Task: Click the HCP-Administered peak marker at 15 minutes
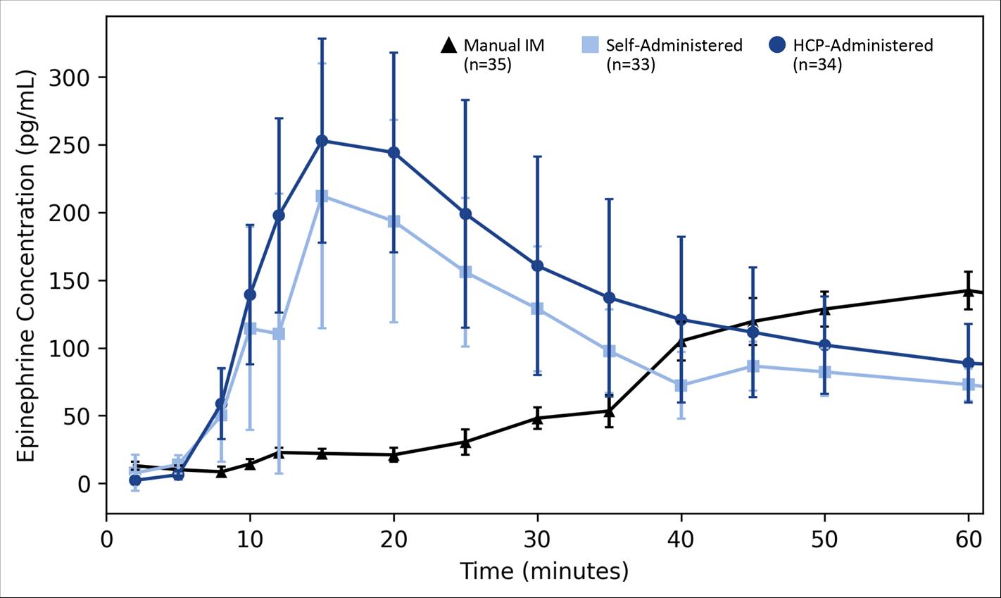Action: (x=322, y=141)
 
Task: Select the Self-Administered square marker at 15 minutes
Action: (x=322, y=197)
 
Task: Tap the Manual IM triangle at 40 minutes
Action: (x=681, y=342)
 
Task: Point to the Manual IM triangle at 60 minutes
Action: (x=968, y=290)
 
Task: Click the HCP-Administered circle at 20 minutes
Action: (x=394, y=153)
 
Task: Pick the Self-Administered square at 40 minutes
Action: (x=681, y=385)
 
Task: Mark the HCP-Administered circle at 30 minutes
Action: (x=537, y=266)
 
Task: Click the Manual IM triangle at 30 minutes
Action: (x=537, y=418)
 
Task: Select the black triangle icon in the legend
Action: (x=448, y=46)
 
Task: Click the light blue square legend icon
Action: (x=590, y=46)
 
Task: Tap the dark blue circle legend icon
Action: (x=777, y=46)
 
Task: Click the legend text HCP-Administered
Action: (x=862, y=46)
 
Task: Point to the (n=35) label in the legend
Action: (x=487, y=66)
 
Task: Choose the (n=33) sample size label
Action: (x=630, y=66)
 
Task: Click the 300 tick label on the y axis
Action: (x=69, y=77)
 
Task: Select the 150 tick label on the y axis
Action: (x=69, y=280)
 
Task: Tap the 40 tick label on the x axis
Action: (x=681, y=540)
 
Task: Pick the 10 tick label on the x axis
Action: (x=250, y=540)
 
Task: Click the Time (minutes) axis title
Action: (x=543, y=571)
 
